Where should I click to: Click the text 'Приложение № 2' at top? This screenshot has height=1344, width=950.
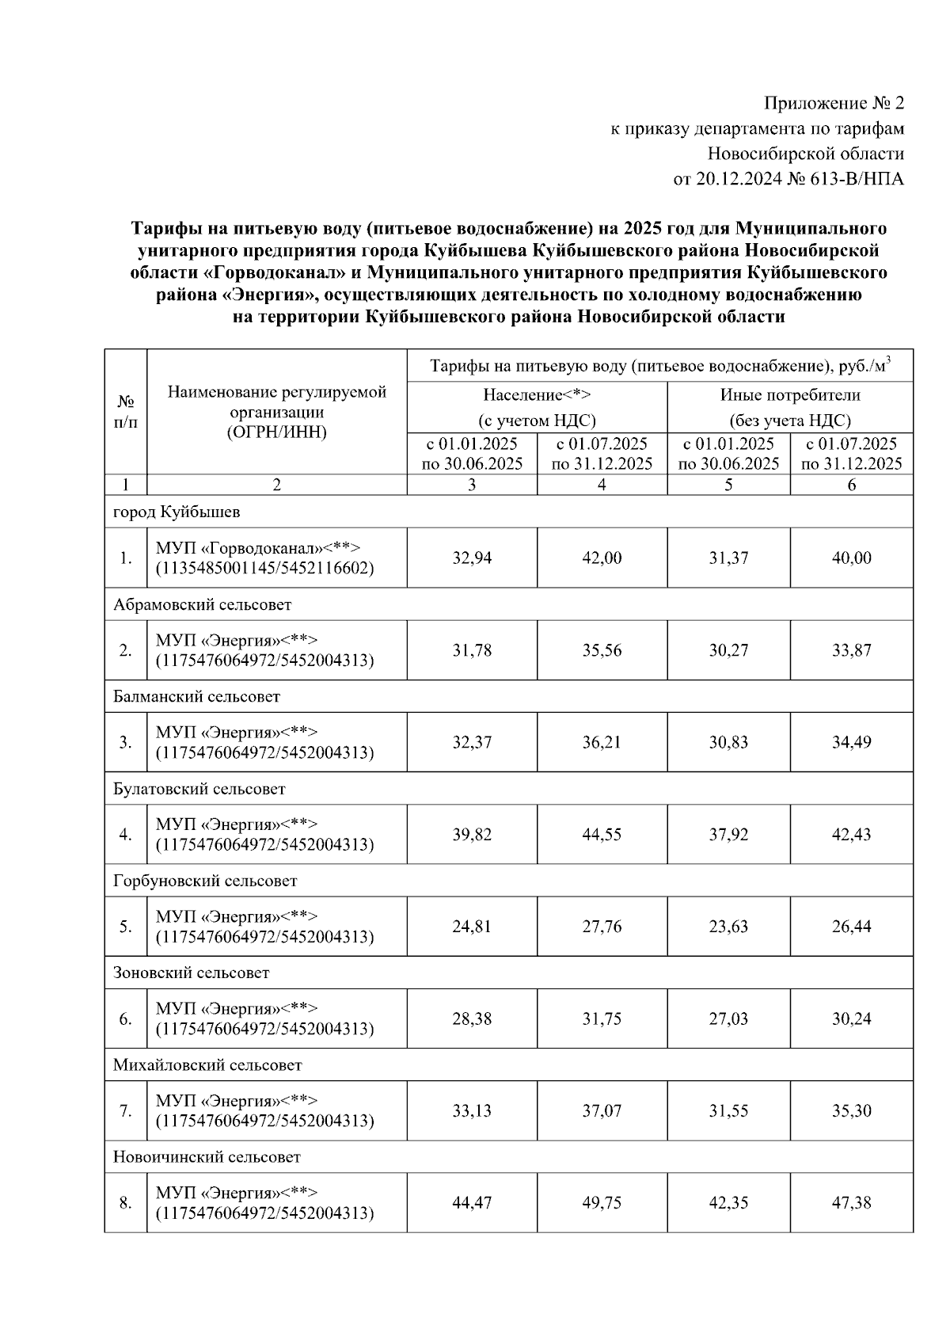coord(833,103)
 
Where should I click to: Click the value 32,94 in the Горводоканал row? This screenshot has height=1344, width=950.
coord(472,558)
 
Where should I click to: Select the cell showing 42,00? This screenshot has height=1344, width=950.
coord(602,558)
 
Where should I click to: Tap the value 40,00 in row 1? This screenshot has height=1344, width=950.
coord(851,558)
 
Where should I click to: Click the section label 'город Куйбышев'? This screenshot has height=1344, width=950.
coord(177,512)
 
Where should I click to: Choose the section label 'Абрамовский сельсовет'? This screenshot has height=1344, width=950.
coord(202,604)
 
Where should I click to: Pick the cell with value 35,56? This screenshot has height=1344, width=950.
coord(602,650)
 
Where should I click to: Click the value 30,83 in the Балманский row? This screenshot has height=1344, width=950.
coord(728,743)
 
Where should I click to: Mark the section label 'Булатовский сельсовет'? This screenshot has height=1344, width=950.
coord(199,789)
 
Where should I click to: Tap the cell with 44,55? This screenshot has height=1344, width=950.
coord(602,835)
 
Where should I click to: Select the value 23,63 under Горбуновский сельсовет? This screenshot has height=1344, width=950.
coord(728,927)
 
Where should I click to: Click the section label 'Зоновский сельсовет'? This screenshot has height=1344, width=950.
coord(191,973)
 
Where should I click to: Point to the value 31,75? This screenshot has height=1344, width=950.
coord(602,1018)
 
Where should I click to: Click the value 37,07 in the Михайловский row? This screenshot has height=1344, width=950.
coord(602,1111)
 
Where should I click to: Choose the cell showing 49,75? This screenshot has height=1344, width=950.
coord(602,1203)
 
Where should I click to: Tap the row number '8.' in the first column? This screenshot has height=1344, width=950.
coord(125,1203)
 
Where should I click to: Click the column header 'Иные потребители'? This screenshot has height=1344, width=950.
coord(789,394)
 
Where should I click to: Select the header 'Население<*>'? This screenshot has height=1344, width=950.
coord(537,394)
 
